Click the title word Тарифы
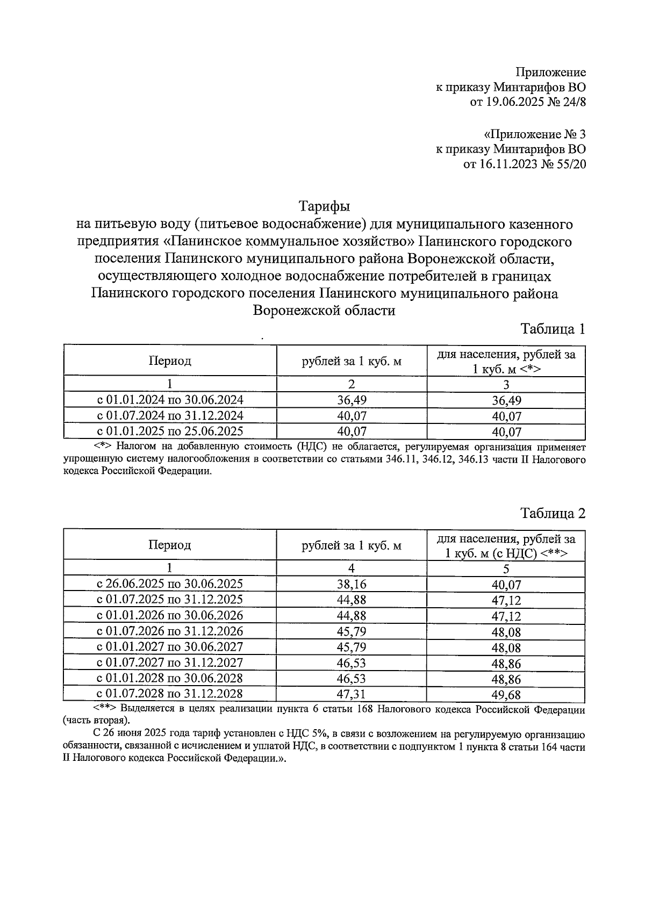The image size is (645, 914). (x=324, y=206)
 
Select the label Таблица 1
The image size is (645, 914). (x=553, y=329)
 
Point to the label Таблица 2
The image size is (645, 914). (x=553, y=513)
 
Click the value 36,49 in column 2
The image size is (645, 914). (x=352, y=400)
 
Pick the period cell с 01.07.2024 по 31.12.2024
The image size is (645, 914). (x=170, y=415)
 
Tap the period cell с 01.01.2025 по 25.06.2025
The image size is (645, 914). (x=170, y=431)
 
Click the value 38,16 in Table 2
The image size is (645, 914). (x=352, y=584)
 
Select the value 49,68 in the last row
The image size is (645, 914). (x=506, y=695)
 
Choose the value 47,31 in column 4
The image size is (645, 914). (x=352, y=694)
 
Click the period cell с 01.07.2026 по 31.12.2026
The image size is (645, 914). (x=170, y=631)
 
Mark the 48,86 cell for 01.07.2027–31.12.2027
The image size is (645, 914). (x=506, y=664)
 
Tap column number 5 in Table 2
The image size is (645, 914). (x=506, y=568)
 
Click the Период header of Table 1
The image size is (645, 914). (x=170, y=361)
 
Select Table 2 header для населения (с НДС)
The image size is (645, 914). (x=506, y=545)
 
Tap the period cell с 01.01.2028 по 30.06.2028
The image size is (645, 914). (x=170, y=678)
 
